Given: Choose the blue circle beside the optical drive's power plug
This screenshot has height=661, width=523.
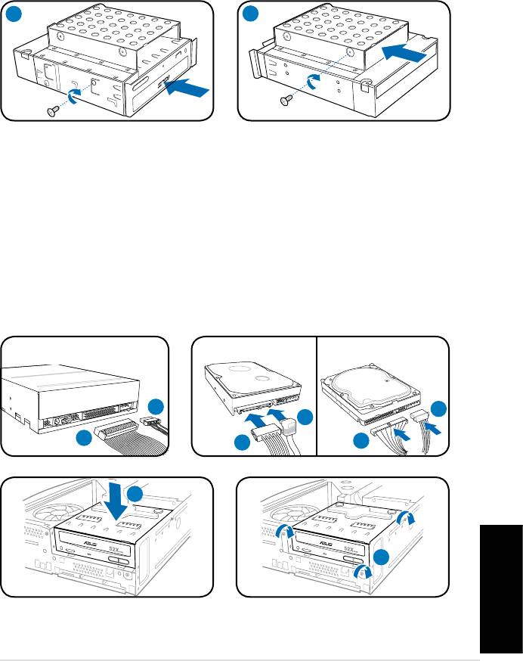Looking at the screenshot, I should click(x=155, y=405).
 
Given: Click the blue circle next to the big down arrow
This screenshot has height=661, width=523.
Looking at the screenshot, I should click(x=135, y=495).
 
